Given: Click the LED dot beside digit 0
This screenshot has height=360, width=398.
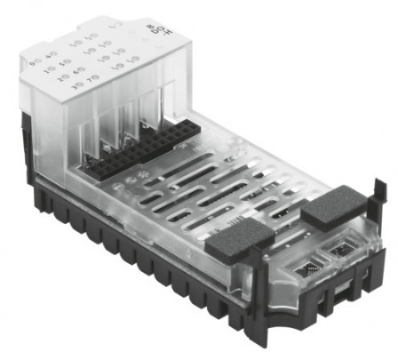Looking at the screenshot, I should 37,61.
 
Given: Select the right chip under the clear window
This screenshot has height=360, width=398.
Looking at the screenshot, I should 343,251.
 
